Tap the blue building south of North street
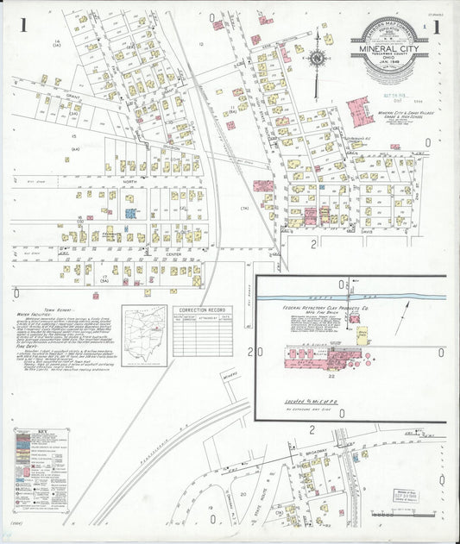129,212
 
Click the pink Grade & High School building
358,113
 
